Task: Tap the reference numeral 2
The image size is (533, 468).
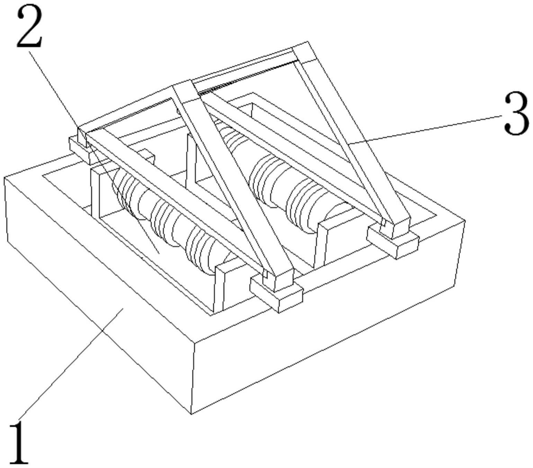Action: (x=30, y=27)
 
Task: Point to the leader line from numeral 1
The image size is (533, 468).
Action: (x=71, y=365)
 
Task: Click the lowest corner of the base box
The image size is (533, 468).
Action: (x=192, y=414)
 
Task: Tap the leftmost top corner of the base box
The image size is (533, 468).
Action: (x=4, y=178)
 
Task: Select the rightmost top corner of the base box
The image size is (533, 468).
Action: (x=465, y=221)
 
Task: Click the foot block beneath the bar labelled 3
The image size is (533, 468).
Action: (x=392, y=240)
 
